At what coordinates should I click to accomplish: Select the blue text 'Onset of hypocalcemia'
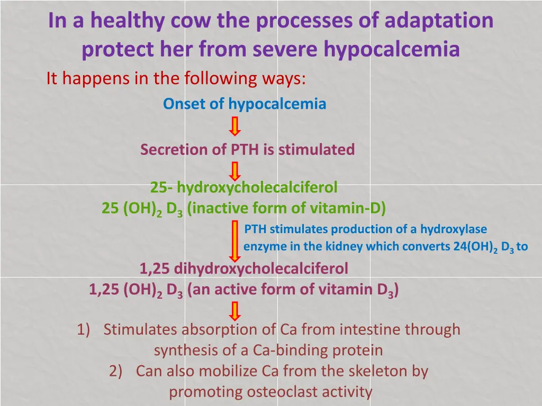click(x=245, y=104)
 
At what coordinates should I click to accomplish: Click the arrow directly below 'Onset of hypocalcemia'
click(x=235, y=127)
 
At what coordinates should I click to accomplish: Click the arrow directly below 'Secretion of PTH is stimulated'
click(x=235, y=171)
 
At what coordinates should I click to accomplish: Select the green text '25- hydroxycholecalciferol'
click(x=244, y=187)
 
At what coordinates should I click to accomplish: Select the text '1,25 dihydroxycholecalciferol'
click(x=244, y=269)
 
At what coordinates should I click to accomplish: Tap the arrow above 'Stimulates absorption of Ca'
click(x=235, y=310)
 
